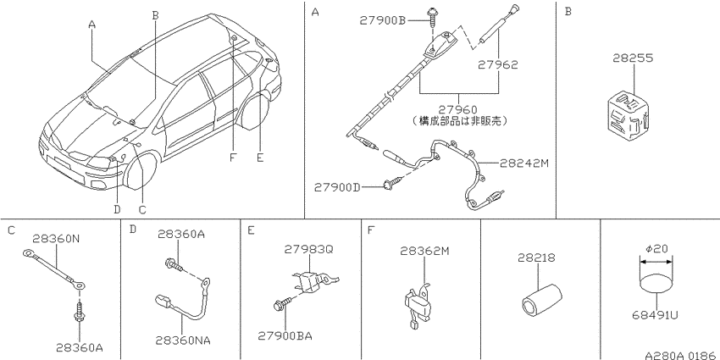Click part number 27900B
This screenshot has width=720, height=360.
[384, 20]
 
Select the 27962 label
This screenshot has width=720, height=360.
[497, 64]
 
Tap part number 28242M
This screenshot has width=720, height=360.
[524, 163]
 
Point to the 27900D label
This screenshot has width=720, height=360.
[337, 187]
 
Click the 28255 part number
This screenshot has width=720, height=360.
[633, 58]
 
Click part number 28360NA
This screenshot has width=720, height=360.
[183, 341]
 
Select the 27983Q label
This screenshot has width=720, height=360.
[308, 249]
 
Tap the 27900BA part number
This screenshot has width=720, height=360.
[285, 335]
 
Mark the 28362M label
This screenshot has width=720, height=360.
[424, 251]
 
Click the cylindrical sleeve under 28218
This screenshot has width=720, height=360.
[542, 300]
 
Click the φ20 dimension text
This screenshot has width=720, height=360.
[656, 249]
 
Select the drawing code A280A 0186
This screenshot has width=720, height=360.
[681, 356]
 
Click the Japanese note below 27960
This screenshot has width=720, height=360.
[459, 121]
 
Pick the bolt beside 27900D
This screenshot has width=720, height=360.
[392, 184]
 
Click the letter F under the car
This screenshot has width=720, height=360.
[232, 158]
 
